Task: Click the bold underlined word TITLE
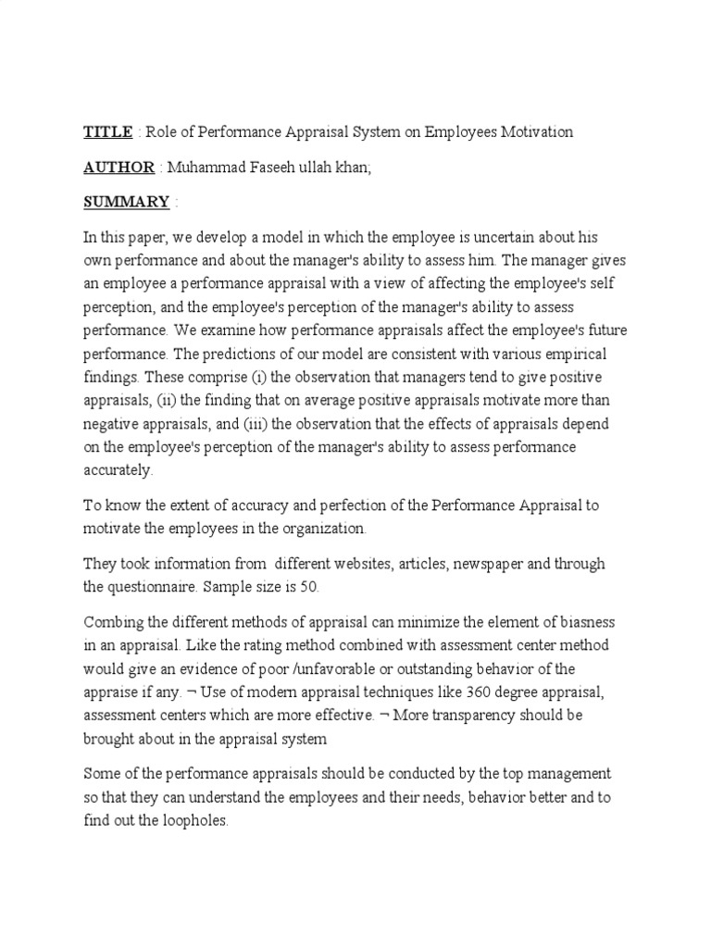pos(108,131)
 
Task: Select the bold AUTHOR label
pos(118,167)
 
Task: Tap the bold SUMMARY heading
pos(126,201)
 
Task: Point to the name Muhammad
pos(206,167)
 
